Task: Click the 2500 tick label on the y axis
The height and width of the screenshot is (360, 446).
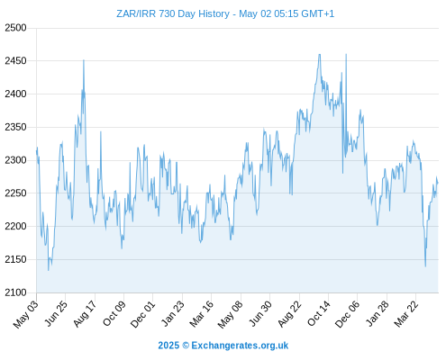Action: (x=15, y=28)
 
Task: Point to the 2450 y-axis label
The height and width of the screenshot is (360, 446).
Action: (x=15, y=61)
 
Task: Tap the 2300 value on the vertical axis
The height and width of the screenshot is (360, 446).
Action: (x=15, y=160)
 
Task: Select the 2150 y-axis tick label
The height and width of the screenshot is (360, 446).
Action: (x=15, y=259)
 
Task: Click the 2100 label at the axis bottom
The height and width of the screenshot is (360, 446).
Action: (x=15, y=292)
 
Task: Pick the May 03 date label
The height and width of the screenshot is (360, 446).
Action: (x=26, y=314)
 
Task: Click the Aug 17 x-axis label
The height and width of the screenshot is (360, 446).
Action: (x=86, y=313)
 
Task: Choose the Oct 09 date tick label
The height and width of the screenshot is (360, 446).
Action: (x=114, y=313)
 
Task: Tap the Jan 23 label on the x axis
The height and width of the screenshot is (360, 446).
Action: (x=173, y=313)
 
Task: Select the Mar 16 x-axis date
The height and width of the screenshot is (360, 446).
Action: (x=202, y=313)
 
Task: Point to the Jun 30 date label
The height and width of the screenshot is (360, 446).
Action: (x=260, y=313)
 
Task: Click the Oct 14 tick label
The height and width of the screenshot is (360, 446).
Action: (x=319, y=313)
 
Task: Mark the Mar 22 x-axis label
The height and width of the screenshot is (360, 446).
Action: (x=406, y=313)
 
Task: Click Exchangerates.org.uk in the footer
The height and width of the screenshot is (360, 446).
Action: (x=240, y=346)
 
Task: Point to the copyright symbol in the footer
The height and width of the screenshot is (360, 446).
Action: (x=186, y=346)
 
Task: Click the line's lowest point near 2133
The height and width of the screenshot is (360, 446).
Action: (x=49, y=271)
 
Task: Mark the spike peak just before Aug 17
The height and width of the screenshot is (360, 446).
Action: (x=84, y=60)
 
